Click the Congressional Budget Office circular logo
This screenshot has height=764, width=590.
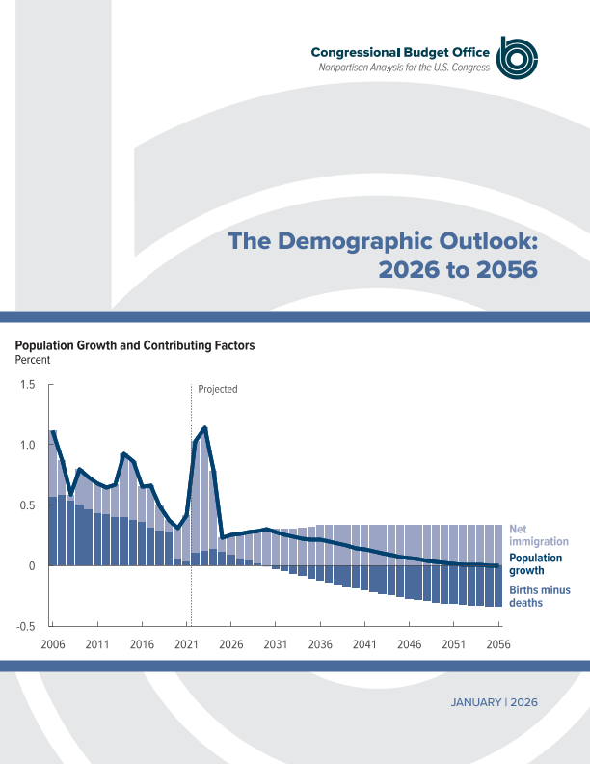pos(516,59)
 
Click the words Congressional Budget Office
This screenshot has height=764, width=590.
pos(400,52)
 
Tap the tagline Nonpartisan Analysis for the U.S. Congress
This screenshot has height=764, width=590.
pos(405,67)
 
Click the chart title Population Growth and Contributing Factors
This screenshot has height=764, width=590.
pos(135,345)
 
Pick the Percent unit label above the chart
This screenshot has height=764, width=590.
pos(32,360)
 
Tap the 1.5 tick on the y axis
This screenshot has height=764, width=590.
pos(28,385)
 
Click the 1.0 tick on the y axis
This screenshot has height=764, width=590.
pos(28,445)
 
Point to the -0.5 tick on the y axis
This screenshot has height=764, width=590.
pos(26,626)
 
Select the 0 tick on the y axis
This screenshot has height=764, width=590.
pos(32,565)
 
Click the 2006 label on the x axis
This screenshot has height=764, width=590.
pos(53,643)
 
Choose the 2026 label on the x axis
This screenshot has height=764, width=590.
pos(231,643)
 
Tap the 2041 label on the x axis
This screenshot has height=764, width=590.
pos(364,643)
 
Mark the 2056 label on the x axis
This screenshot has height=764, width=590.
pos(497,643)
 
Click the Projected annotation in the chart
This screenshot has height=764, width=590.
pos(217,390)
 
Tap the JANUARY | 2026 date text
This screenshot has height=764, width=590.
pos(494,702)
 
